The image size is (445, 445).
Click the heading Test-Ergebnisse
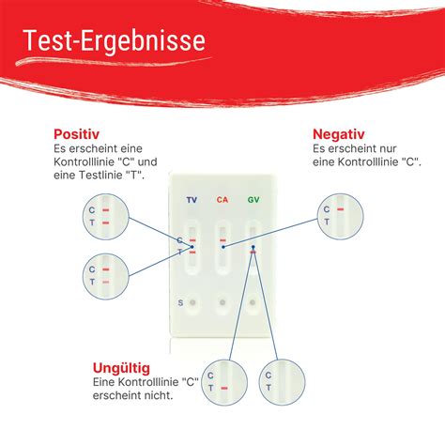pos(114,42)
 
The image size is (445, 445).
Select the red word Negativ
pos(339,134)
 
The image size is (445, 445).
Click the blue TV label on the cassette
pos(192,199)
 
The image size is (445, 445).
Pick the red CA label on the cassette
pos(222,199)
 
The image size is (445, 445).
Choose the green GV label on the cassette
pos(253,199)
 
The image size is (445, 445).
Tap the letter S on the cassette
pos(180,302)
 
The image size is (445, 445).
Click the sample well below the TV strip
pos(192,303)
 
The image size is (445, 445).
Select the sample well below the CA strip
pos(222,303)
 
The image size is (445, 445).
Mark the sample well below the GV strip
pos(253,303)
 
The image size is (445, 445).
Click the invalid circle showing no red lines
pos(279,380)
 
